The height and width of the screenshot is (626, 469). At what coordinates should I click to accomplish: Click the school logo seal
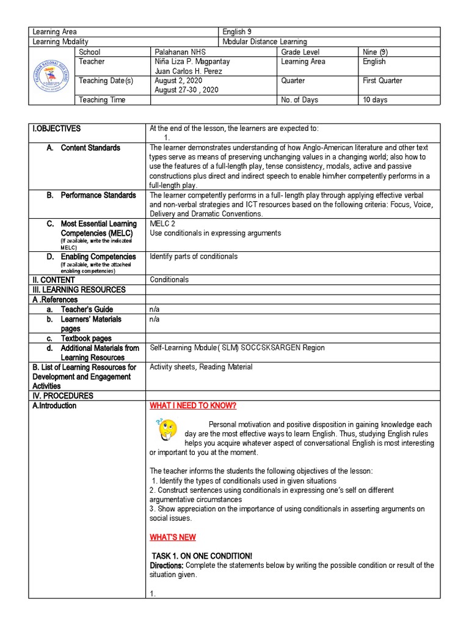51,76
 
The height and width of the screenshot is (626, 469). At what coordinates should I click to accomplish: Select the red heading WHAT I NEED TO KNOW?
192,406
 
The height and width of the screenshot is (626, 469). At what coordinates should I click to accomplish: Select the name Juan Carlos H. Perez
189,72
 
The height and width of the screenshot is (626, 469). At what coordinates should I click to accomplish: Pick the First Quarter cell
382,81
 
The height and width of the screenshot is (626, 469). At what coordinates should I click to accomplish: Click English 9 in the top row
234,32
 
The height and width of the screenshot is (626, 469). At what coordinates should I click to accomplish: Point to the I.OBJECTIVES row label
57,128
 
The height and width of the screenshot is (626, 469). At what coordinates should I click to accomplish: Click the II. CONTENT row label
54,280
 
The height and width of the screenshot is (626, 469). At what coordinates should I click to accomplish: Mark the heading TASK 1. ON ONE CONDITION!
202,556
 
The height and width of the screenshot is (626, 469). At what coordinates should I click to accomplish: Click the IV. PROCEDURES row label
63,396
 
